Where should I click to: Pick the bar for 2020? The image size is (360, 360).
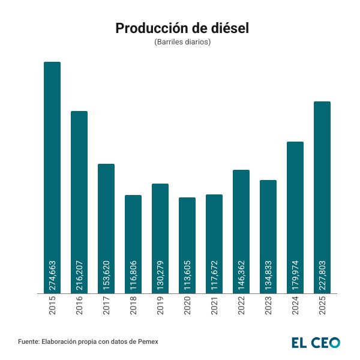click(187, 240)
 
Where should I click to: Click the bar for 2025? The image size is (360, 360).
click(322, 192)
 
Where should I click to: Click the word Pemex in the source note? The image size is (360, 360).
click(146, 341)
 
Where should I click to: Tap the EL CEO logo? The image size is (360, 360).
click(316, 343)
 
